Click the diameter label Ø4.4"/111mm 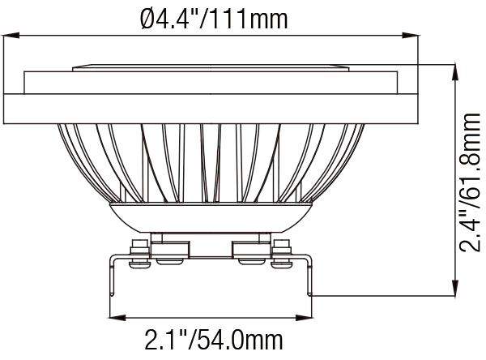tap(212, 16)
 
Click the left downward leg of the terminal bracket tap(113, 276)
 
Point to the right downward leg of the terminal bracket tap(310, 276)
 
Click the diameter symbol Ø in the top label tap(147, 16)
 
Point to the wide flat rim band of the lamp tap(212, 108)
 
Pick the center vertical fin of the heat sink tap(212, 162)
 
